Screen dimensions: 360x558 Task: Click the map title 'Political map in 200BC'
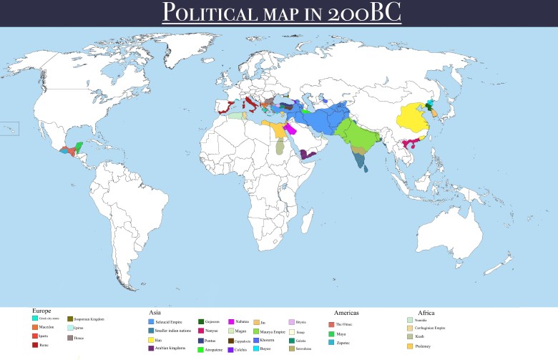pyautogui.click(x=278, y=12)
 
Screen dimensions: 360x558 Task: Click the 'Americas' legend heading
pyautogui.click(x=346, y=313)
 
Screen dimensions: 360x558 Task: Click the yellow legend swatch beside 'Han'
pyautogui.click(x=150, y=340)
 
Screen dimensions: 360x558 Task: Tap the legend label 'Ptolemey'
pyautogui.click(x=425, y=346)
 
